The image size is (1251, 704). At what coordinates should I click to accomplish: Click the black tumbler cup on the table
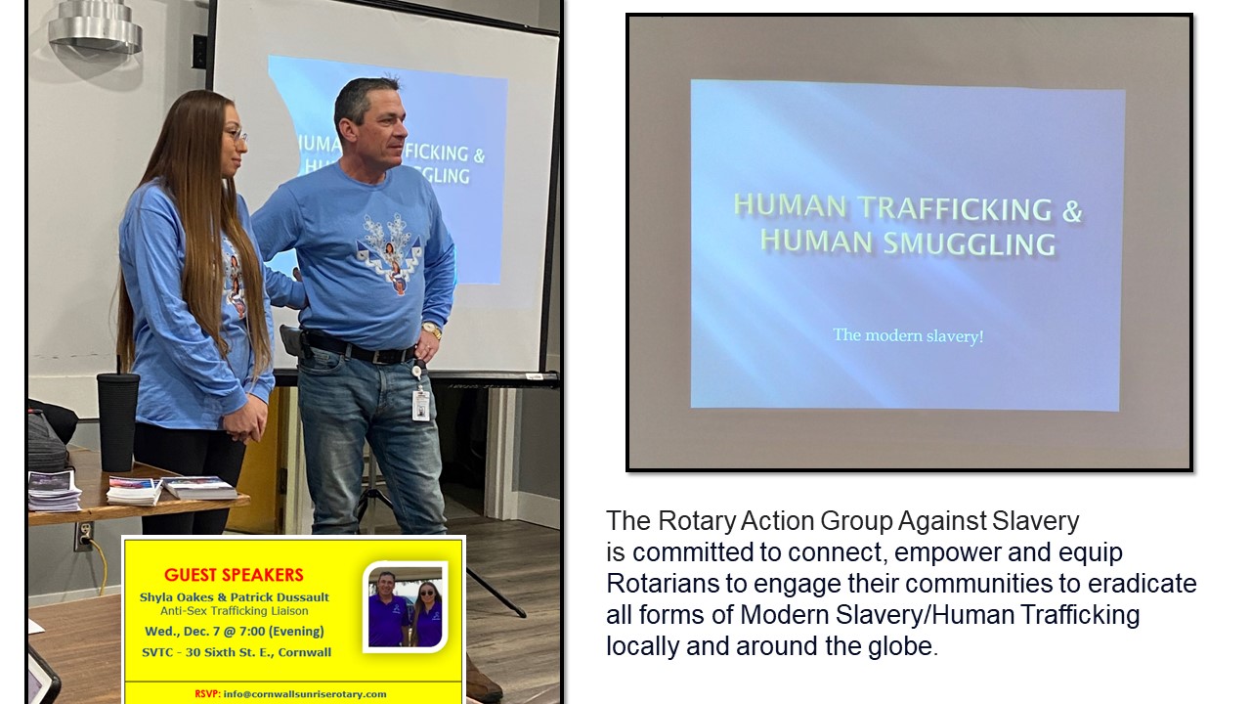click(117, 421)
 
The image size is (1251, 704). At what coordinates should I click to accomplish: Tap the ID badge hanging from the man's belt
click(420, 405)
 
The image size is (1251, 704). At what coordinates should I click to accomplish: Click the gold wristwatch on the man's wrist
click(432, 330)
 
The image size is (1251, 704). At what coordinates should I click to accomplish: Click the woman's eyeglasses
click(237, 135)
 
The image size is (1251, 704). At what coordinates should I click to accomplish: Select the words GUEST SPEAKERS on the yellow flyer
click(234, 575)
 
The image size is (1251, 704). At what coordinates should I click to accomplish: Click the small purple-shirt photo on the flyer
click(406, 607)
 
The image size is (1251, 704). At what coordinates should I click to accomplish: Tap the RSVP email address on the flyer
click(305, 694)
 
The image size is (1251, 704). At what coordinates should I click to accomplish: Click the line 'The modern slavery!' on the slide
click(908, 335)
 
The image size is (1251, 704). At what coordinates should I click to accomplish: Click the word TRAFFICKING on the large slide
click(955, 208)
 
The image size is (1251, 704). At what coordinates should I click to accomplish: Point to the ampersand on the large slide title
click(1072, 210)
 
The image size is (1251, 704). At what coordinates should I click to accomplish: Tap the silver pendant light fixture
click(96, 25)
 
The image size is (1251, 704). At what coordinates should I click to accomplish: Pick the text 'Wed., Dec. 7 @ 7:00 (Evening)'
click(235, 632)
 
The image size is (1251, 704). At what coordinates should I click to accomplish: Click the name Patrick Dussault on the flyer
click(280, 597)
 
